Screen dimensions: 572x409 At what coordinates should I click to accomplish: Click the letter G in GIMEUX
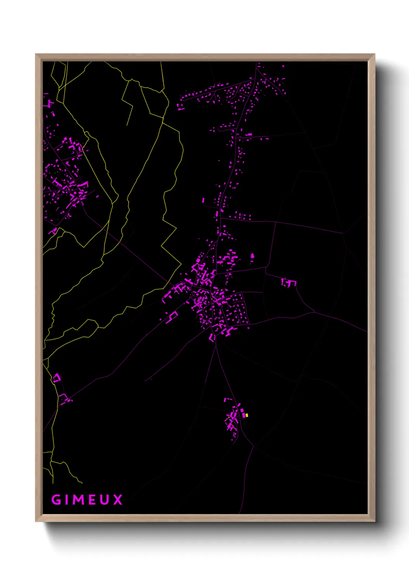point(56,500)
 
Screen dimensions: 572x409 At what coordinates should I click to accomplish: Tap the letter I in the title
point(68,500)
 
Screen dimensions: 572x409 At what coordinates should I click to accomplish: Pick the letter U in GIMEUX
point(105,500)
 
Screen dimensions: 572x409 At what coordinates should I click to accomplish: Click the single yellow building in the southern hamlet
point(247,415)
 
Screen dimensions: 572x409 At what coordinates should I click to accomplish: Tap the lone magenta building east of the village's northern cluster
point(252,255)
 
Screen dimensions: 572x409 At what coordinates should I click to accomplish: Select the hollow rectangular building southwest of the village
point(172,316)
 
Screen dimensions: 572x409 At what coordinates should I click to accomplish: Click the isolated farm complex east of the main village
point(289,283)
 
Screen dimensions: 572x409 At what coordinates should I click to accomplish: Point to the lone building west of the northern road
point(203,200)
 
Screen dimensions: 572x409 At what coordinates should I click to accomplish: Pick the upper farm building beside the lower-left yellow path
point(57,378)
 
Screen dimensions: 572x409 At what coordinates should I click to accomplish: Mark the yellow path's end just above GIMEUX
point(82,483)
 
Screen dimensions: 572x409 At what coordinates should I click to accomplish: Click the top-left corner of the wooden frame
point(36,54)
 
